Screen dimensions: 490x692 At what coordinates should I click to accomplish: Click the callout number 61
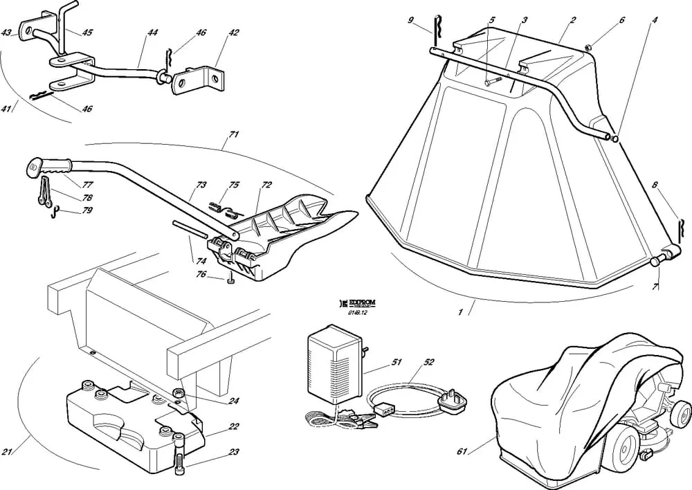click(x=462, y=452)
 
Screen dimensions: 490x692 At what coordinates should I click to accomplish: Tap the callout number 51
click(x=397, y=361)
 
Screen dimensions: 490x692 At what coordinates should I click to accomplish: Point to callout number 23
click(x=234, y=452)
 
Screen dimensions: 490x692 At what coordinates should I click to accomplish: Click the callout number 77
click(x=88, y=185)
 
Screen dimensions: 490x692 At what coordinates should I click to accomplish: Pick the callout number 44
click(x=152, y=33)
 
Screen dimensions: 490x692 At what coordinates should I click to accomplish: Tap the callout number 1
click(x=460, y=312)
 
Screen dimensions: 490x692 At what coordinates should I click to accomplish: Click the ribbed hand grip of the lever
click(x=57, y=165)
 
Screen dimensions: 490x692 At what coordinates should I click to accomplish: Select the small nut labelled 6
click(x=587, y=48)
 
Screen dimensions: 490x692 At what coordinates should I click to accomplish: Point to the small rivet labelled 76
click(x=230, y=280)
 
